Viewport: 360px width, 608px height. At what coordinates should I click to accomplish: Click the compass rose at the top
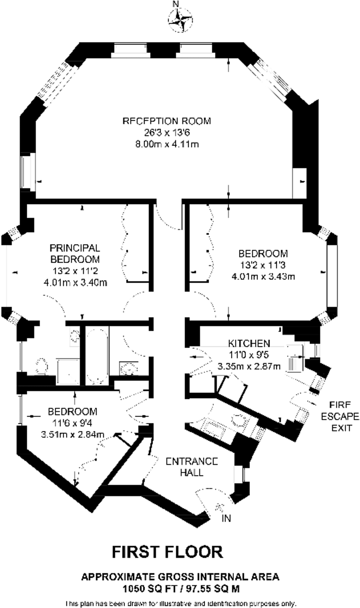coord(180,20)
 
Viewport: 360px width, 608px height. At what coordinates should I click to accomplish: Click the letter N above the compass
coord(176,4)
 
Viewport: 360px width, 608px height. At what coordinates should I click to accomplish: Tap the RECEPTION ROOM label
coord(167,121)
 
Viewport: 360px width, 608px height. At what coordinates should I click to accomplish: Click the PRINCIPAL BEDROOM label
coord(75,253)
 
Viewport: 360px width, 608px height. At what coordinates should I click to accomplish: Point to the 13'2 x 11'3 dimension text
coord(263,265)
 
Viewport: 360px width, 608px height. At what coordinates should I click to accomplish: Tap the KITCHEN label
coord(249,343)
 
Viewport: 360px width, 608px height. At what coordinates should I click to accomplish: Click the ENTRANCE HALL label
coord(192,467)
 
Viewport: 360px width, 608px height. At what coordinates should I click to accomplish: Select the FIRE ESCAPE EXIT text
coord(340,416)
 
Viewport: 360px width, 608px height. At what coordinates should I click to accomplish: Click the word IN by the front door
coord(226,518)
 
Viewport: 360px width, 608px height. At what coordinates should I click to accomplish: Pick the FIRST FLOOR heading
coord(167,552)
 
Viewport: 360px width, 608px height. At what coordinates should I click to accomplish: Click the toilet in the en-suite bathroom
coord(42,366)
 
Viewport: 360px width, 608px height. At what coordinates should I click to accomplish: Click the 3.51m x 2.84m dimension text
coord(73,435)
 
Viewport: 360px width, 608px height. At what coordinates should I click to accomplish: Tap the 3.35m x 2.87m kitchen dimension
coord(249,366)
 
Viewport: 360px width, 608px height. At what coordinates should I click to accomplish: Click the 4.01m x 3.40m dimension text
coord(75,282)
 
